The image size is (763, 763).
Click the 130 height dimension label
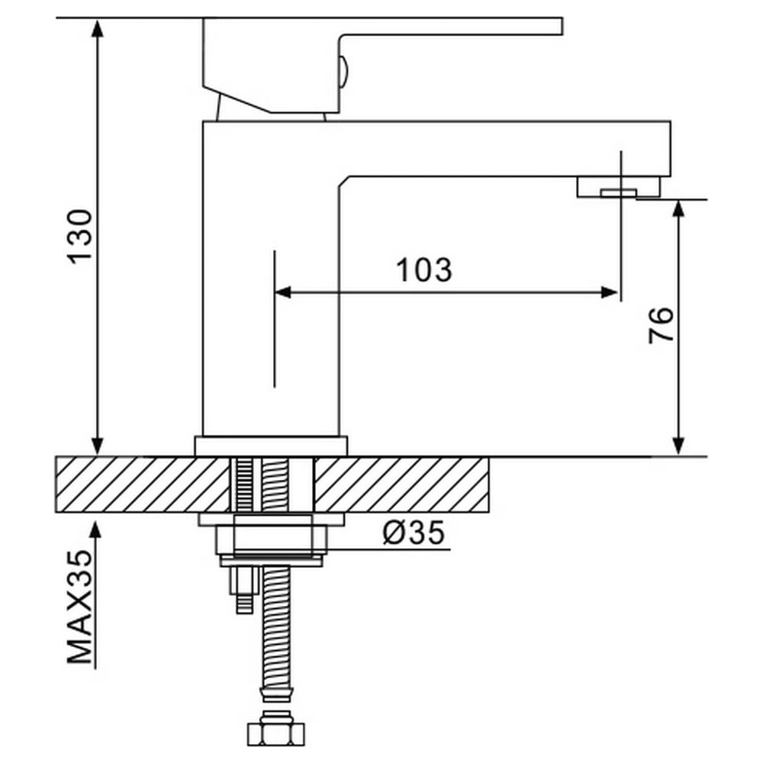(x=81, y=237)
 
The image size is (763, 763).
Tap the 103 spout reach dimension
(x=424, y=270)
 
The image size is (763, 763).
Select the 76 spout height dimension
(x=661, y=326)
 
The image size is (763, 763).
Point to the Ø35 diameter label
(x=414, y=533)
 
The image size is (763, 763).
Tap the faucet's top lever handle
(x=382, y=65)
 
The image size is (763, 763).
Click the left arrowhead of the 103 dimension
(x=283, y=292)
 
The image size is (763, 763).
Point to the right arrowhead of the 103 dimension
(x=610, y=292)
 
